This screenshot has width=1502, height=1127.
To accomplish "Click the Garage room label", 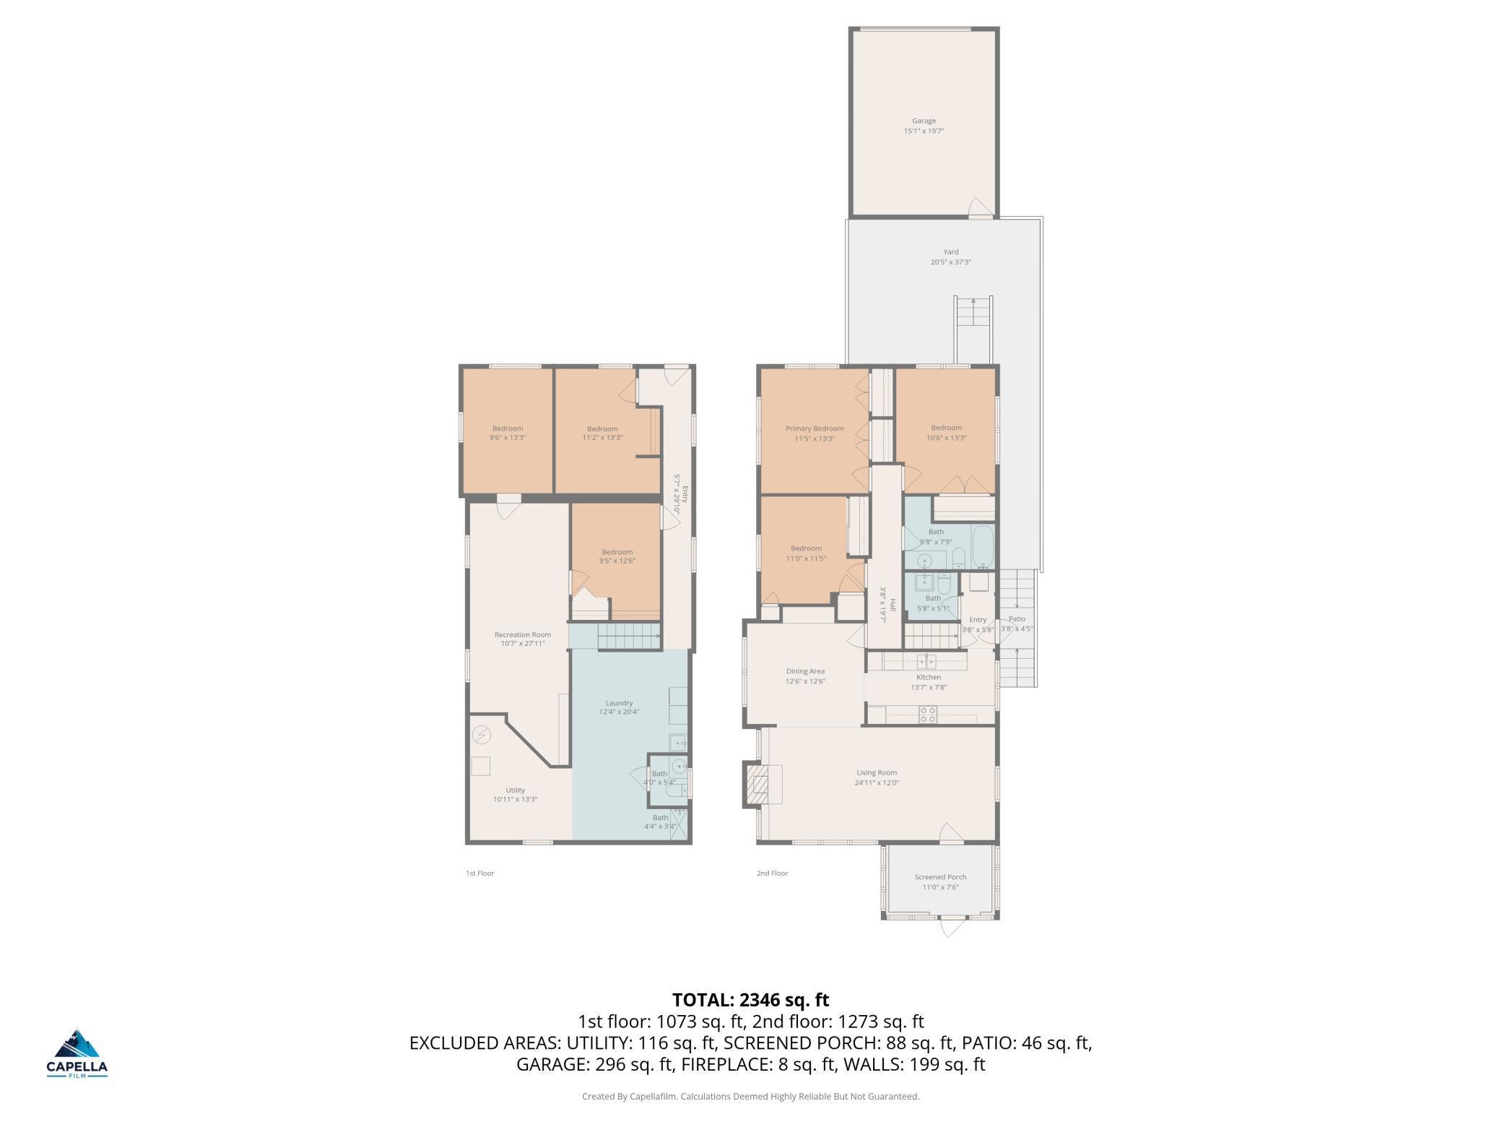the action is coord(924,121).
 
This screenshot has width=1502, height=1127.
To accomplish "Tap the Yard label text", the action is coord(950,252).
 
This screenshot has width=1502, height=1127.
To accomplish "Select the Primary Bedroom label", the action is coord(815,428).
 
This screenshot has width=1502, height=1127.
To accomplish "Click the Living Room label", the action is coord(877,772).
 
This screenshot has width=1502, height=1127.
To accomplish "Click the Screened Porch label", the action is coord(940,877).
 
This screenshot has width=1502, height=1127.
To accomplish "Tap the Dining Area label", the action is coord(805,671).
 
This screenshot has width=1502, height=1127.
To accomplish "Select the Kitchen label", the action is coord(929,677).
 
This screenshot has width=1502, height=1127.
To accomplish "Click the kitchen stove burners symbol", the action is coord(928,714).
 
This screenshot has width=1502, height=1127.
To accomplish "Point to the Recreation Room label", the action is coord(523,635).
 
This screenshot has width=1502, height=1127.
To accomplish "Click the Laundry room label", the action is coord(620,703).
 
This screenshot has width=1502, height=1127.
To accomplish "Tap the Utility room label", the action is coord(516,790).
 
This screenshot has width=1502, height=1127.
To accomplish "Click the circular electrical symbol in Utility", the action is coord(481,735).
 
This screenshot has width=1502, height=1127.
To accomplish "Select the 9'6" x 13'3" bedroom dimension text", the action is coord(508,438).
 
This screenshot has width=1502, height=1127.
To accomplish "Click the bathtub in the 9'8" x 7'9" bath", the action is coord(983,547).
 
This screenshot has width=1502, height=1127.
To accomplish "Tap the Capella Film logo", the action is coord(77,1053).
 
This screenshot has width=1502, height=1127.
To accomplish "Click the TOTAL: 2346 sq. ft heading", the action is coord(751,1000).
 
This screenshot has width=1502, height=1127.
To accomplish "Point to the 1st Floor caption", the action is coord(479,873).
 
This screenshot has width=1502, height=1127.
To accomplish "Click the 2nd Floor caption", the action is coord(772,873).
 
